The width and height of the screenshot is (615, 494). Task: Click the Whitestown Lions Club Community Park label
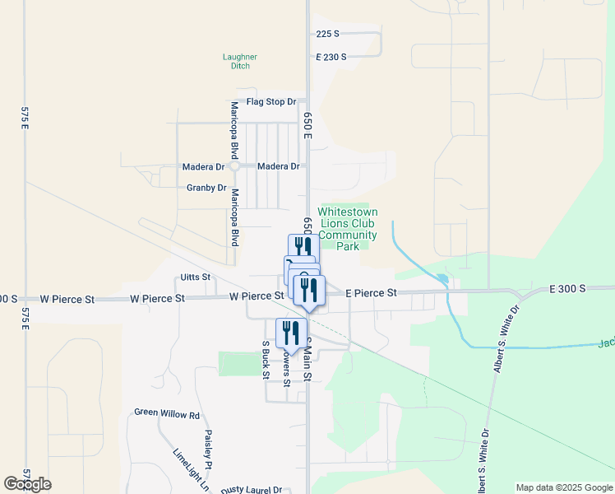(x=348, y=229)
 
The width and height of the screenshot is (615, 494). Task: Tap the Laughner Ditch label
(x=240, y=61)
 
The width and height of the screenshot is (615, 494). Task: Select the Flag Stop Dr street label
(x=271, y=101)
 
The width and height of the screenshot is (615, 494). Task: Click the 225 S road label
(x=327, y=34)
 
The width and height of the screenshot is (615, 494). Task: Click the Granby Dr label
(x=206, y=188)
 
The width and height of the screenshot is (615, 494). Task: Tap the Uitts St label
(x=195, y=277)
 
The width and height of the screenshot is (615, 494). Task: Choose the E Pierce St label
(x=371, y=292)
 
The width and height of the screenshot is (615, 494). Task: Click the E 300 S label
(x=568, y=289)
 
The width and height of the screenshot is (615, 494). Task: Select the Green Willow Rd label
(x=167, y=415)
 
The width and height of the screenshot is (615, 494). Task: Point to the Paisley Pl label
(x=209, y=450)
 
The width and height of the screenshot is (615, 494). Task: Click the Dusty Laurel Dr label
(x=251, y=489)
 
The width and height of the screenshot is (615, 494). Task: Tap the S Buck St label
(x=266, y=360)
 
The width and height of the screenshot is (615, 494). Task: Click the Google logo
(x=27, y=484)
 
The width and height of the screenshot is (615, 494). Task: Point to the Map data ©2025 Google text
(x=563, y=487)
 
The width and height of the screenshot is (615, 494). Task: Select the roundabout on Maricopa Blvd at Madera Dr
(x=234, y=165)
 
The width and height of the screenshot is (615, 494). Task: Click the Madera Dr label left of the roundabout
(x=202, y=166)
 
